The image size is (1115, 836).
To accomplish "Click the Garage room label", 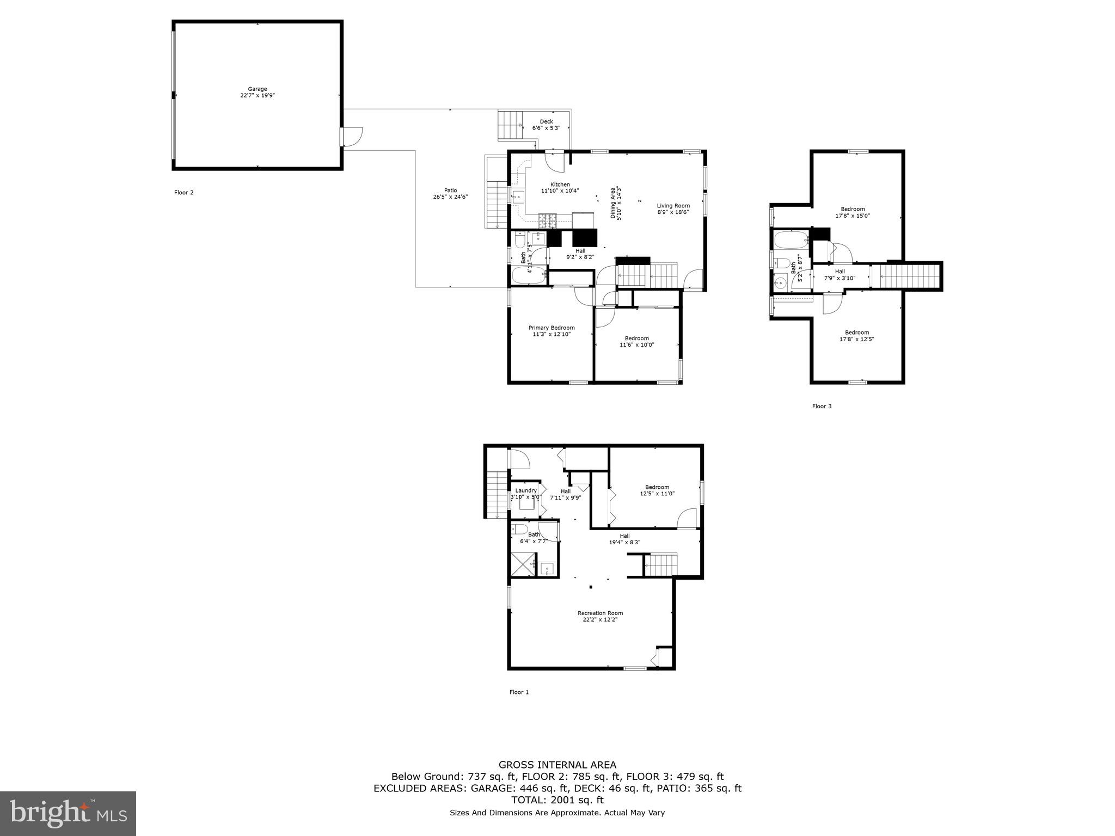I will pos(258,89).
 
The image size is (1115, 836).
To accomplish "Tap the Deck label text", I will pos(546,122).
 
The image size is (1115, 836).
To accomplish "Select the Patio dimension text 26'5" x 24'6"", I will pos(450,197).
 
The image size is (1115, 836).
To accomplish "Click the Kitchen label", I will pos(560,185).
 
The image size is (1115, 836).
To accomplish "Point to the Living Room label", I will pos(673,206).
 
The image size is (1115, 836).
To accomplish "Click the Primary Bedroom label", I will pos(552,328).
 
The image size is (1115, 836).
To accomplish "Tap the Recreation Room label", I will pos(600,613).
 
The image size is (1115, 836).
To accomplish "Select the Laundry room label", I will pos(526,490).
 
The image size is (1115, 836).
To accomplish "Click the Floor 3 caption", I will pos(822,406).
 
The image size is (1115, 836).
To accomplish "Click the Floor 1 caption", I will pos(519,692).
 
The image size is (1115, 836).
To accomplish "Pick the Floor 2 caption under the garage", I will pos(183,193).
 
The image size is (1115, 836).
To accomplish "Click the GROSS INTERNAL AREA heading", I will pos(557,765).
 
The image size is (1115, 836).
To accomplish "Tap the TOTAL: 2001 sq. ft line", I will pos(557,800).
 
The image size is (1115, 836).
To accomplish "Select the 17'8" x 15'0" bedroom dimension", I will pos(853,216).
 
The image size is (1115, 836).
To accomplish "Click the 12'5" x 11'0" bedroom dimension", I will pos(657,494).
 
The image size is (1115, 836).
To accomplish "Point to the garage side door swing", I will pos(353,137).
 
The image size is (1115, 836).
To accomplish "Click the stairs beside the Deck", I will pos(510,125).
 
